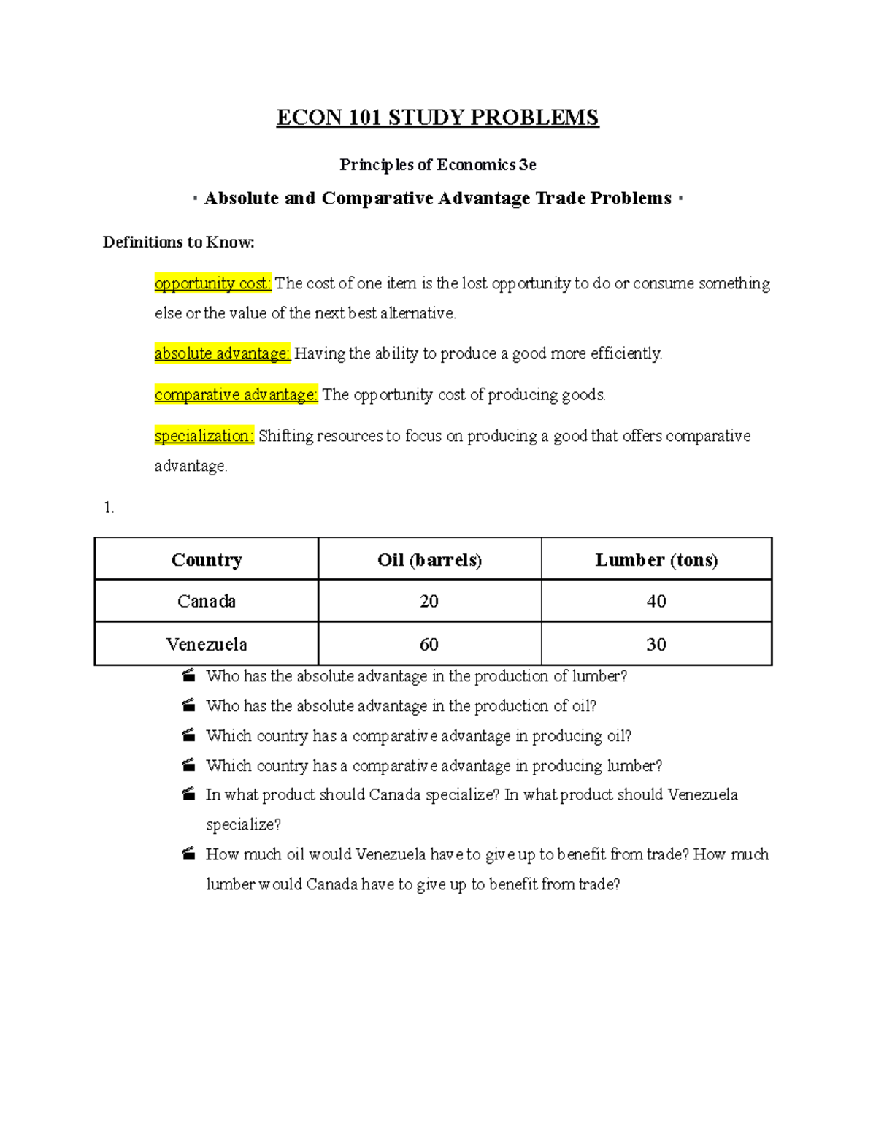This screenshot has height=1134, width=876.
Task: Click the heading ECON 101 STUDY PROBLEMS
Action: coord(437,118)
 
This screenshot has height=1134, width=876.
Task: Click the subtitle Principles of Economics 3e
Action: coord(437,165)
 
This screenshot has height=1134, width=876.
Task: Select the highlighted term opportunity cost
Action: coord(212,283)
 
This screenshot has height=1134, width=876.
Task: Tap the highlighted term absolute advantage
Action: coord(222,353)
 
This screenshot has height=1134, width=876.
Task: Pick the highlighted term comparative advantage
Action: coord(236,395)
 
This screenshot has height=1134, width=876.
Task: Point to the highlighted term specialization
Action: coord(204,436)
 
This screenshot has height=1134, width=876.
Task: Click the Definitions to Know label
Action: coord(178,242)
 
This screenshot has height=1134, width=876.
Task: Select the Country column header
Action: coord(207,560)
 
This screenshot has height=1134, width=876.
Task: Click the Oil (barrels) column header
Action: coord(429,560)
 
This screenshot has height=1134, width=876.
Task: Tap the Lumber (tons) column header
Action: coord(656,560)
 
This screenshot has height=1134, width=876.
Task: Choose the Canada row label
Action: coord(207,601)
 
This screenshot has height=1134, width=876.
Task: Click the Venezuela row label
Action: coord(207,644)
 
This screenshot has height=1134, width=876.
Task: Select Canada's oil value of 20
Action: coord(429,601)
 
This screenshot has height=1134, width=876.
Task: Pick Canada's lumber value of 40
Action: coord(656,601)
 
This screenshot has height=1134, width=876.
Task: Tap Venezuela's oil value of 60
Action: coord(429,644)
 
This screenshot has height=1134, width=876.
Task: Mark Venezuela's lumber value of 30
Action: coord(656,644)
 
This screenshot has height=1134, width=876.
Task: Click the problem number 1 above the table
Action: coord(109,507)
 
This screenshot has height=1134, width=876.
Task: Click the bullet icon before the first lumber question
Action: coord(189,675)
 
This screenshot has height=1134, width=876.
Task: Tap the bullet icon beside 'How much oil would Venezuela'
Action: coord(189,854)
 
